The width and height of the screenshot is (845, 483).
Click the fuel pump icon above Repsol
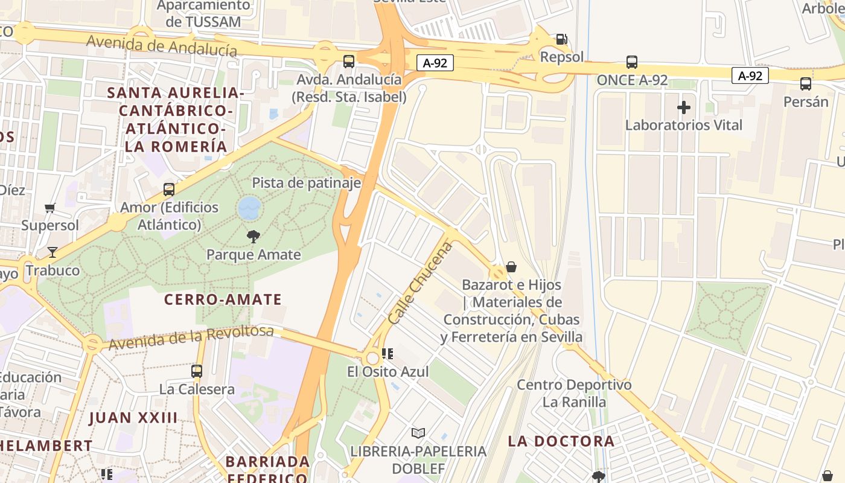pos(561,39)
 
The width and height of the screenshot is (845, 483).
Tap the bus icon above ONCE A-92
pos(632,62)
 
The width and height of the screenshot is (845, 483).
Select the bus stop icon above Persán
pos(806,84)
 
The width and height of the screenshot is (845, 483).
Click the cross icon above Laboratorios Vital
pos(683,107)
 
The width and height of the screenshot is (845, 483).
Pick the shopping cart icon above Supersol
pos(50,208)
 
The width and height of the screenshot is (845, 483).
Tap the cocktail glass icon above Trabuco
pos(53,252)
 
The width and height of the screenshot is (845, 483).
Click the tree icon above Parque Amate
pos(253,237)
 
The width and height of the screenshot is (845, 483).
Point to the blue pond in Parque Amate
pos(249,208)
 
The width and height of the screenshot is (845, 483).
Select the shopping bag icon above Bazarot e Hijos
pos(511,267)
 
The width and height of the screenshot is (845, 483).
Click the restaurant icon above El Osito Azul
pos(387,354)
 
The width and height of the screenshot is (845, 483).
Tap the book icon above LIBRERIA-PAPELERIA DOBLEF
pos(418,433)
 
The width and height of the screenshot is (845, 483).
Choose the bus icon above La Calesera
pos(197,371)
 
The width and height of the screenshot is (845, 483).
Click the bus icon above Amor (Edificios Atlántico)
pos(169,190)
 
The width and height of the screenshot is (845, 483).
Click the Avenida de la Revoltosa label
pos(191,337)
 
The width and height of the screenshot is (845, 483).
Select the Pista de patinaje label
pos(306,183)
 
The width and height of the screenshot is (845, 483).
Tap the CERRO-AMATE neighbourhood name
pos(223,299)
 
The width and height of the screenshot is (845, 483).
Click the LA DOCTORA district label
pos(561,441)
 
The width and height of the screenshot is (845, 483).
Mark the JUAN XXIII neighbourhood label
pos(133,418)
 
